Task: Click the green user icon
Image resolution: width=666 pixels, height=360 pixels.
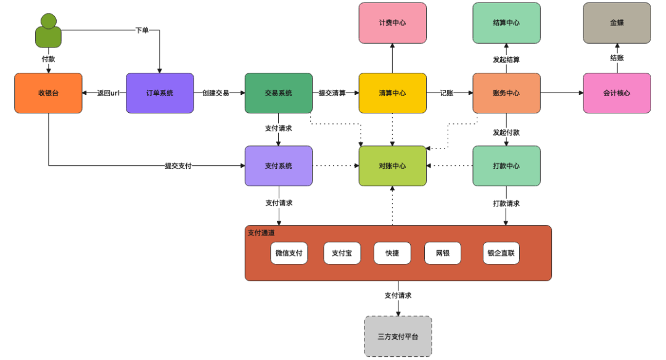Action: pos(48,31)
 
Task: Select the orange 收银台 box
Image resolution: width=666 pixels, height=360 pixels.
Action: pos(48,93)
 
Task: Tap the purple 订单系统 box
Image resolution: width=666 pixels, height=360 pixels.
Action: pos(160,93)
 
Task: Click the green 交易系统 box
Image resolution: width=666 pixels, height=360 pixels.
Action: pos(278,93)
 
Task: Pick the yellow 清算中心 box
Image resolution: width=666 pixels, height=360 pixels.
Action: pos(392,93)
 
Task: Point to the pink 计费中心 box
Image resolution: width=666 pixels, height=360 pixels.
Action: pos(392,23)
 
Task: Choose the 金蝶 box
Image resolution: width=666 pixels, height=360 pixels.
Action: pos(617,23)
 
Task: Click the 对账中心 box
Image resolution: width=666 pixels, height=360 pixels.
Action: pos(392,166)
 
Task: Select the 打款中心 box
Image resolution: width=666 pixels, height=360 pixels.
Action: pos(506,166)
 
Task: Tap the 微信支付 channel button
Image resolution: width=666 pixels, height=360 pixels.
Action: pos(289,253)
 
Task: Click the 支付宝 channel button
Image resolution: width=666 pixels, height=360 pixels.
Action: pos(342,253)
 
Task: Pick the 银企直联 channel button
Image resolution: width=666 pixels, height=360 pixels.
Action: pos(501,253)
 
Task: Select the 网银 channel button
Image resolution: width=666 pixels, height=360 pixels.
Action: pos(442,253)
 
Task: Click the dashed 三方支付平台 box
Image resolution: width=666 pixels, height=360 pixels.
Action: pos(398,337)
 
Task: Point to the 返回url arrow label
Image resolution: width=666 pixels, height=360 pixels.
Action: pos(108,93)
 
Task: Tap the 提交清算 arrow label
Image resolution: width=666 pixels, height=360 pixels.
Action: pos(332,93)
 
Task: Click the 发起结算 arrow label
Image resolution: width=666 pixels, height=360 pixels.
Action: pos(506,60)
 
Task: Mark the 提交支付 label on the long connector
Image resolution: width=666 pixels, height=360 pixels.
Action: pos(178,166)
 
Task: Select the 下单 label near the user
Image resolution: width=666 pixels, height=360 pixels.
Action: pos(142,30)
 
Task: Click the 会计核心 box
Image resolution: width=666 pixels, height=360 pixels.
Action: pos(617,93)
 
